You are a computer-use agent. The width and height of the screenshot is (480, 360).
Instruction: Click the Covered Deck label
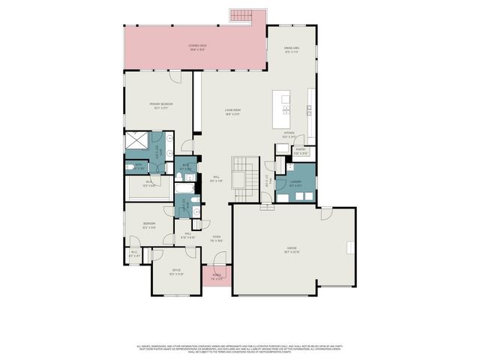pos(197,46)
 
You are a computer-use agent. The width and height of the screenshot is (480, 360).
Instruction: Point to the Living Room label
pos(232,113)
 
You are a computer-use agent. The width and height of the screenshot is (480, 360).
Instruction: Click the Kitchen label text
pos(289,136)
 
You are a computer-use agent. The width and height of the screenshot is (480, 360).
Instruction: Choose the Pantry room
pos(301,151)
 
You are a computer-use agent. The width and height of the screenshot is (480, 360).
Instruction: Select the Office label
pos(176,271)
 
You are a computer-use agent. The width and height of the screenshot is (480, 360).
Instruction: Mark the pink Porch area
pos(217,277)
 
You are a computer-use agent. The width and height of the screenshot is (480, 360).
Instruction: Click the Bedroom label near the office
pos(150,225)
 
